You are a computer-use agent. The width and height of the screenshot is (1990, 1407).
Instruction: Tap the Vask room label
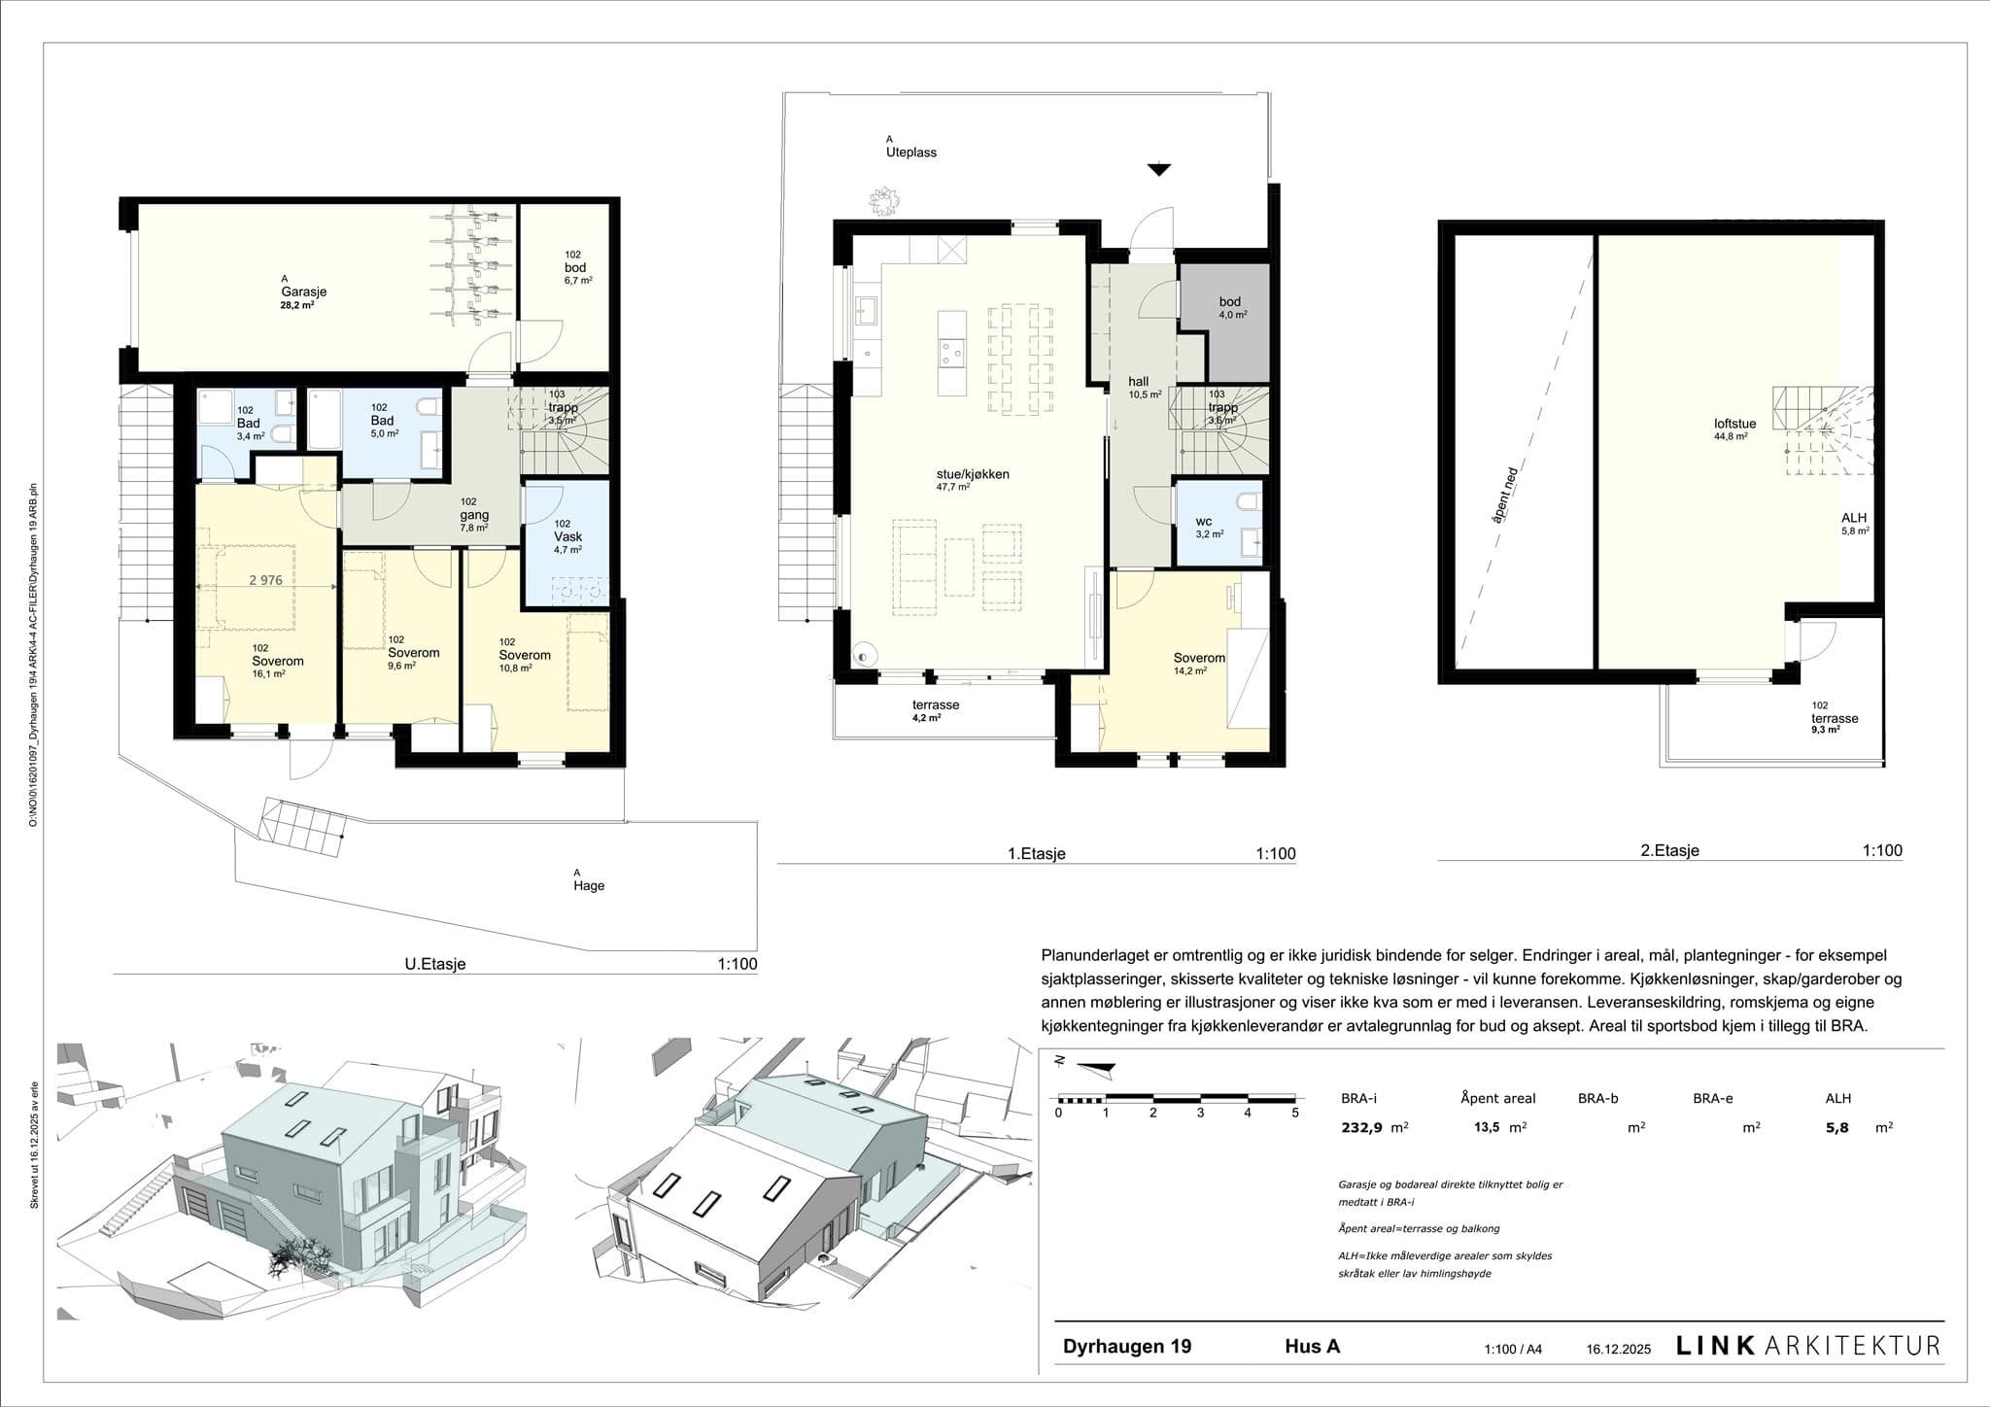[568, 537]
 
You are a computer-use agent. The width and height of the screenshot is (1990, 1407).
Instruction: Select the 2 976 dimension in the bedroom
[265, 580]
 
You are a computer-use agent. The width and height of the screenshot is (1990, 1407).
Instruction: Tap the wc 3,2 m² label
[1209, 527]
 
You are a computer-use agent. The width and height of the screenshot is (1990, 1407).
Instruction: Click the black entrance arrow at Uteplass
[1158, 170]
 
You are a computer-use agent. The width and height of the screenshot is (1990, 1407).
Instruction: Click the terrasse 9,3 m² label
[1834, 719]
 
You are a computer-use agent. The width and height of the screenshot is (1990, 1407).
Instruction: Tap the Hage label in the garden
[589, 885]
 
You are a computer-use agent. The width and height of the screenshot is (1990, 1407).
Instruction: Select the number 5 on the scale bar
[1294, 1114]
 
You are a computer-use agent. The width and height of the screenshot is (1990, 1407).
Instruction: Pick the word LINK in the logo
[1715, 1346]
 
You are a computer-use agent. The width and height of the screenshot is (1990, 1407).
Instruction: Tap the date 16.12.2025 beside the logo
[1618, 1350]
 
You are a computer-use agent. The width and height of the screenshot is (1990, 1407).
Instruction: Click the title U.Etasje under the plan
[435, 965]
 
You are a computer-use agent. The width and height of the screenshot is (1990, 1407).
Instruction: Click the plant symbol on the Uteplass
[885, 201]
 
